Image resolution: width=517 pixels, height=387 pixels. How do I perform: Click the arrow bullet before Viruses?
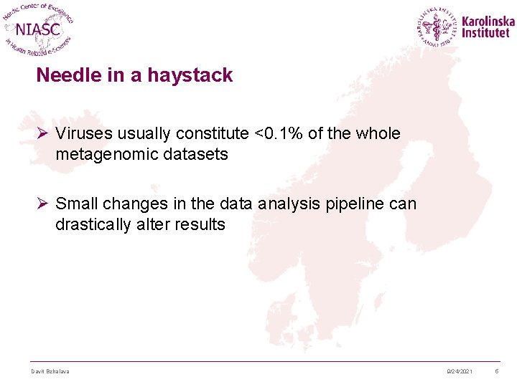pyautogui.click(x=42, y=134)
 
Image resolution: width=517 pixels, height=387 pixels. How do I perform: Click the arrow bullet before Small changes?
pyautogui.click(x=42, y=204)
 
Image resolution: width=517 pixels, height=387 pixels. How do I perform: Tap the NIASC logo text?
pyautogui.click(x=38, y=29)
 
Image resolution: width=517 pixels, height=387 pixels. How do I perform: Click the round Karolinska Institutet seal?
pyautogui.click(x=437, y=27)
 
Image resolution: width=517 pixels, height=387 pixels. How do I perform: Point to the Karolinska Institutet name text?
pyautogui.click(x=488, y=27)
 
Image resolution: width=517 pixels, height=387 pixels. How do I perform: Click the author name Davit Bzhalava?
pyautogui.click(x=50, y=371)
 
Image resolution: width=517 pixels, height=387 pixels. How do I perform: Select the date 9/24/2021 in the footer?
pyautogui.click(x=459, y=371)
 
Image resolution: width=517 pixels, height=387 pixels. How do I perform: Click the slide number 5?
pyautogui.click(x=496, y=371)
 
